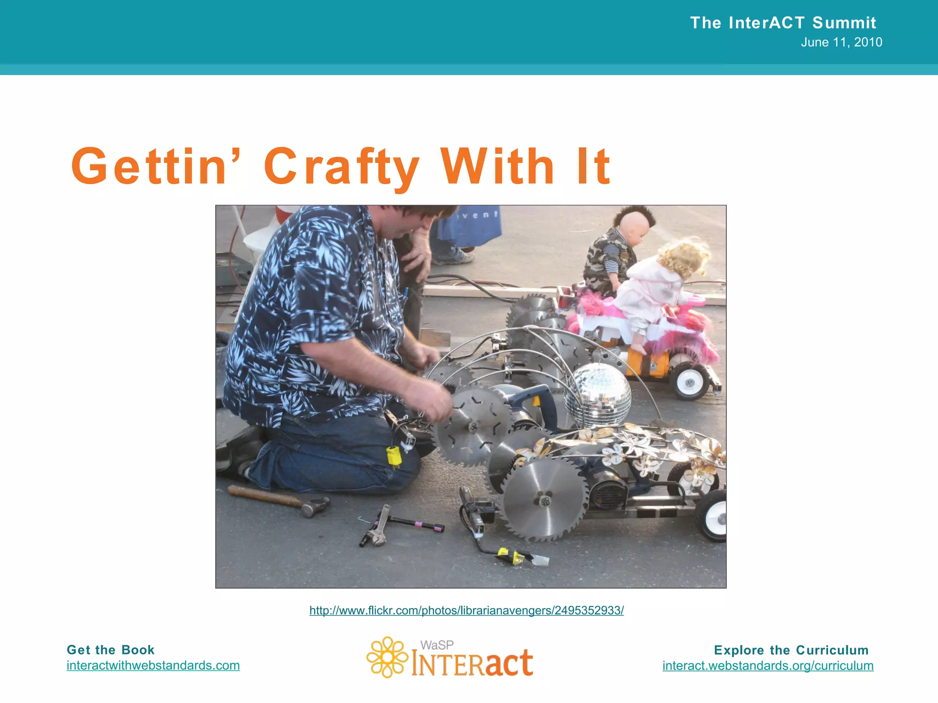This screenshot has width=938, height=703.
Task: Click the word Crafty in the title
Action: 341,167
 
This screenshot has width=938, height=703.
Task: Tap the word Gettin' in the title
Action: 149,167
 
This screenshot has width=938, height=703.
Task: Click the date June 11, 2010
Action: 841,42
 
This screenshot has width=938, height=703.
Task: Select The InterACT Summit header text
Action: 783,22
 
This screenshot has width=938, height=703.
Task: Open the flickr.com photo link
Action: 466,610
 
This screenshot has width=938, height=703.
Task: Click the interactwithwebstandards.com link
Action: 153,665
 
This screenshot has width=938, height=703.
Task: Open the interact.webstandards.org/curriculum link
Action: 768,665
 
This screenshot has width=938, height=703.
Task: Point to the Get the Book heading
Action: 110,650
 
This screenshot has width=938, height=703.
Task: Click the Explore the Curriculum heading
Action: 791,650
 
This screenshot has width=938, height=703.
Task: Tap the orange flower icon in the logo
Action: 387,657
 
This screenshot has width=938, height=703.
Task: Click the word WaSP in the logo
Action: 437,645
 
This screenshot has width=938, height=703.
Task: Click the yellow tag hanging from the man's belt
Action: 393,456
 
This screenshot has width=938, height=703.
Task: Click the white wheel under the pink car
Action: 690,383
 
